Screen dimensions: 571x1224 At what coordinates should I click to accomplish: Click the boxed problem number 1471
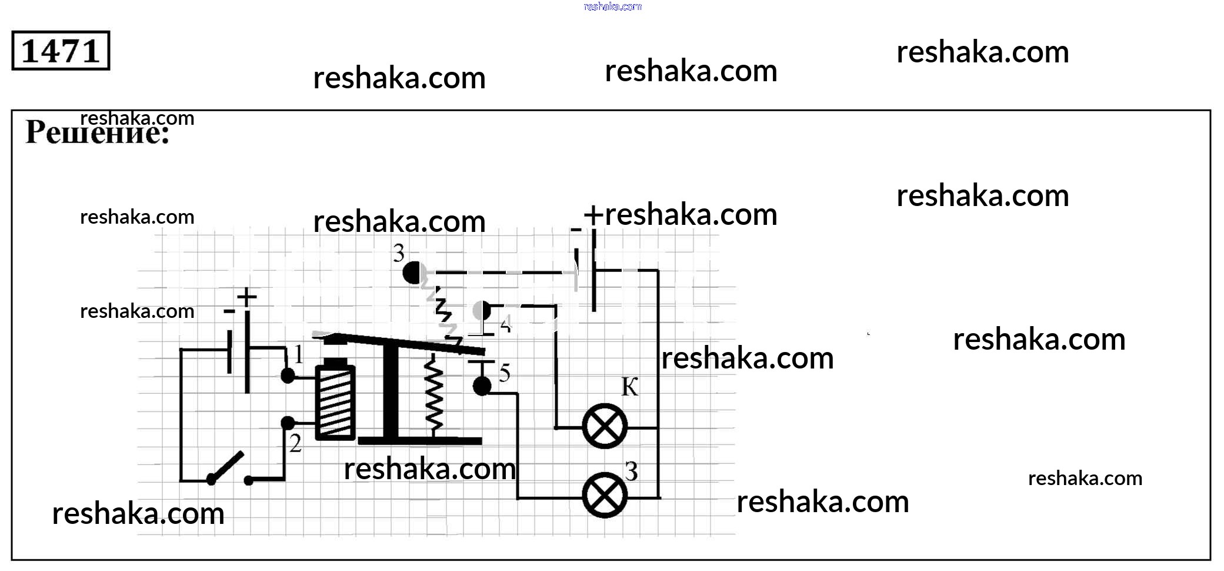click(61, 51)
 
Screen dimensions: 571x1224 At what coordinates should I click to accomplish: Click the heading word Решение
click(97, 132)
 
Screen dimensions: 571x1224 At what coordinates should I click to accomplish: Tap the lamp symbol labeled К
click(604, 427)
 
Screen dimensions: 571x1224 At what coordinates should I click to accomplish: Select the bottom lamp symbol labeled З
click(604, 496)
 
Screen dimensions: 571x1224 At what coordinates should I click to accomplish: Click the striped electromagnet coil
click(335, 401)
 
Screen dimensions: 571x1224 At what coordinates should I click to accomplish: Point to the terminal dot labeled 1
click(288, 376)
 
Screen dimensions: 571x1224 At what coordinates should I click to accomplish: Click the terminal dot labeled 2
click(288, 423)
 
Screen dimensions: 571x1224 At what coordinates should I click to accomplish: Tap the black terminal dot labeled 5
click(482, 387)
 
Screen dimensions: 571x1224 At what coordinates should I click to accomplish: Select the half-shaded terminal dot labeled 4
click(482, 310)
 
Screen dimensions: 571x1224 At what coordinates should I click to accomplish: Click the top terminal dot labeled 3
click(414, 273)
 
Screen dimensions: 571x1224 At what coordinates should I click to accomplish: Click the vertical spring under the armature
click(433, 394)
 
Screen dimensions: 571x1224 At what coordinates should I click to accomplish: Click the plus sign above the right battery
click(593, 214)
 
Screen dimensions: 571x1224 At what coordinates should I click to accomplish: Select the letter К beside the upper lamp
click(629, 387)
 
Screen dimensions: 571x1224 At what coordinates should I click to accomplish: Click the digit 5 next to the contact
click(505, 373)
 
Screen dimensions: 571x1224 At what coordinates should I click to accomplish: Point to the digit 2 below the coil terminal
click(295, 443)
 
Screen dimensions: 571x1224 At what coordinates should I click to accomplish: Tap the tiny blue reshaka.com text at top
click(612, 6)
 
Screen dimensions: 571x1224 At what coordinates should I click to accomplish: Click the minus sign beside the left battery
click(229, 311)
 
